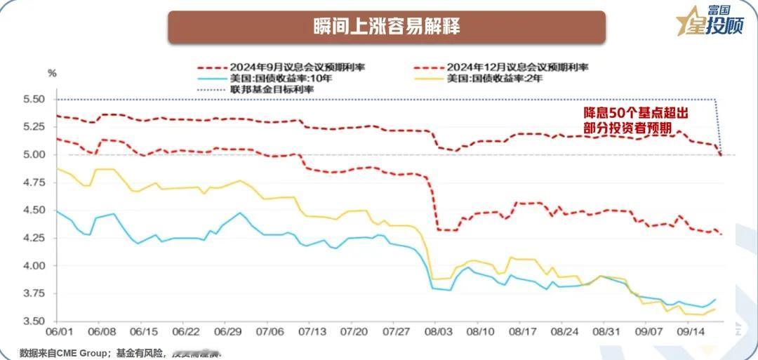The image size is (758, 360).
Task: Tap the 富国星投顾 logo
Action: pyautogui.click(x=712, y=20)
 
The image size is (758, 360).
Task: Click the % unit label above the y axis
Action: pyautogui.click(x=52, y=72)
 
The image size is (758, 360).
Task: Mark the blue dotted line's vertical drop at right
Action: pyautogui.click(x=717, y=126)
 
